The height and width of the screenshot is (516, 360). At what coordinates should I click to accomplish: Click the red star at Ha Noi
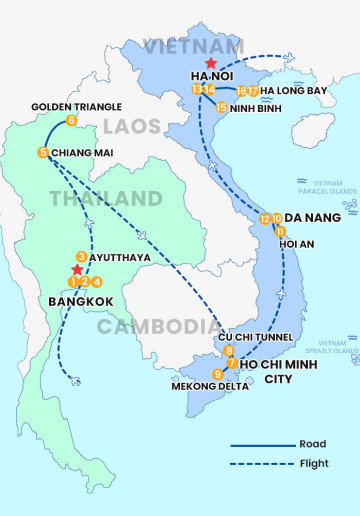pyautogui.click(x=210, y=62)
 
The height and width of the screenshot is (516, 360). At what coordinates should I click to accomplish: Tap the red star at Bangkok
pyautogui.click(x=77, y=269)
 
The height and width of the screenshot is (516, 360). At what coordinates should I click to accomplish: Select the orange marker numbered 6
pyautogui.click(x=71, y=121)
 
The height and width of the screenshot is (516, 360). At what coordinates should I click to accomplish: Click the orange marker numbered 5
pyautogui.click(x=43, y=152)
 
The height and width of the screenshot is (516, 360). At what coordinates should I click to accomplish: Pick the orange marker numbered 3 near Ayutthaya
pyautogui.click(x=81, y=256)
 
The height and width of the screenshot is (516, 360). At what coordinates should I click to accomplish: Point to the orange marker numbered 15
pyautogui.click(x=221, y=106)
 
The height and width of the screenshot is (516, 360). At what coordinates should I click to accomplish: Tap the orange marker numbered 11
pyautogui.click(x=281, y=232)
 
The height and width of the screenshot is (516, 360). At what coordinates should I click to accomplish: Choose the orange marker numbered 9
pyautogui.click(x=218, y=374)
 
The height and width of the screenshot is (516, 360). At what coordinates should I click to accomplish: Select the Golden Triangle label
pyautogui.click(x=76, y=106)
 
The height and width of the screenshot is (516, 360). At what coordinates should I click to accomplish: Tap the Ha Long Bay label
pyautogui.click(x=294, y=91)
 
